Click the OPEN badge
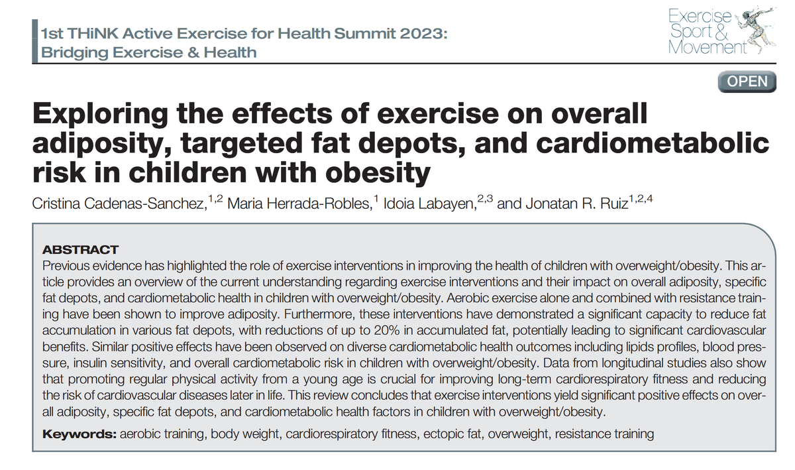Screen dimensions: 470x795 (x=747, y=82)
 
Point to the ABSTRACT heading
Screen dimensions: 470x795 (x=79, y=250)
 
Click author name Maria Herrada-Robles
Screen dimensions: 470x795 (x=296, y=204)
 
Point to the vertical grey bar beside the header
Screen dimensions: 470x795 (x=35, y=41)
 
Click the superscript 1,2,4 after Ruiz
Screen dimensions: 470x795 (x=641, y=198)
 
